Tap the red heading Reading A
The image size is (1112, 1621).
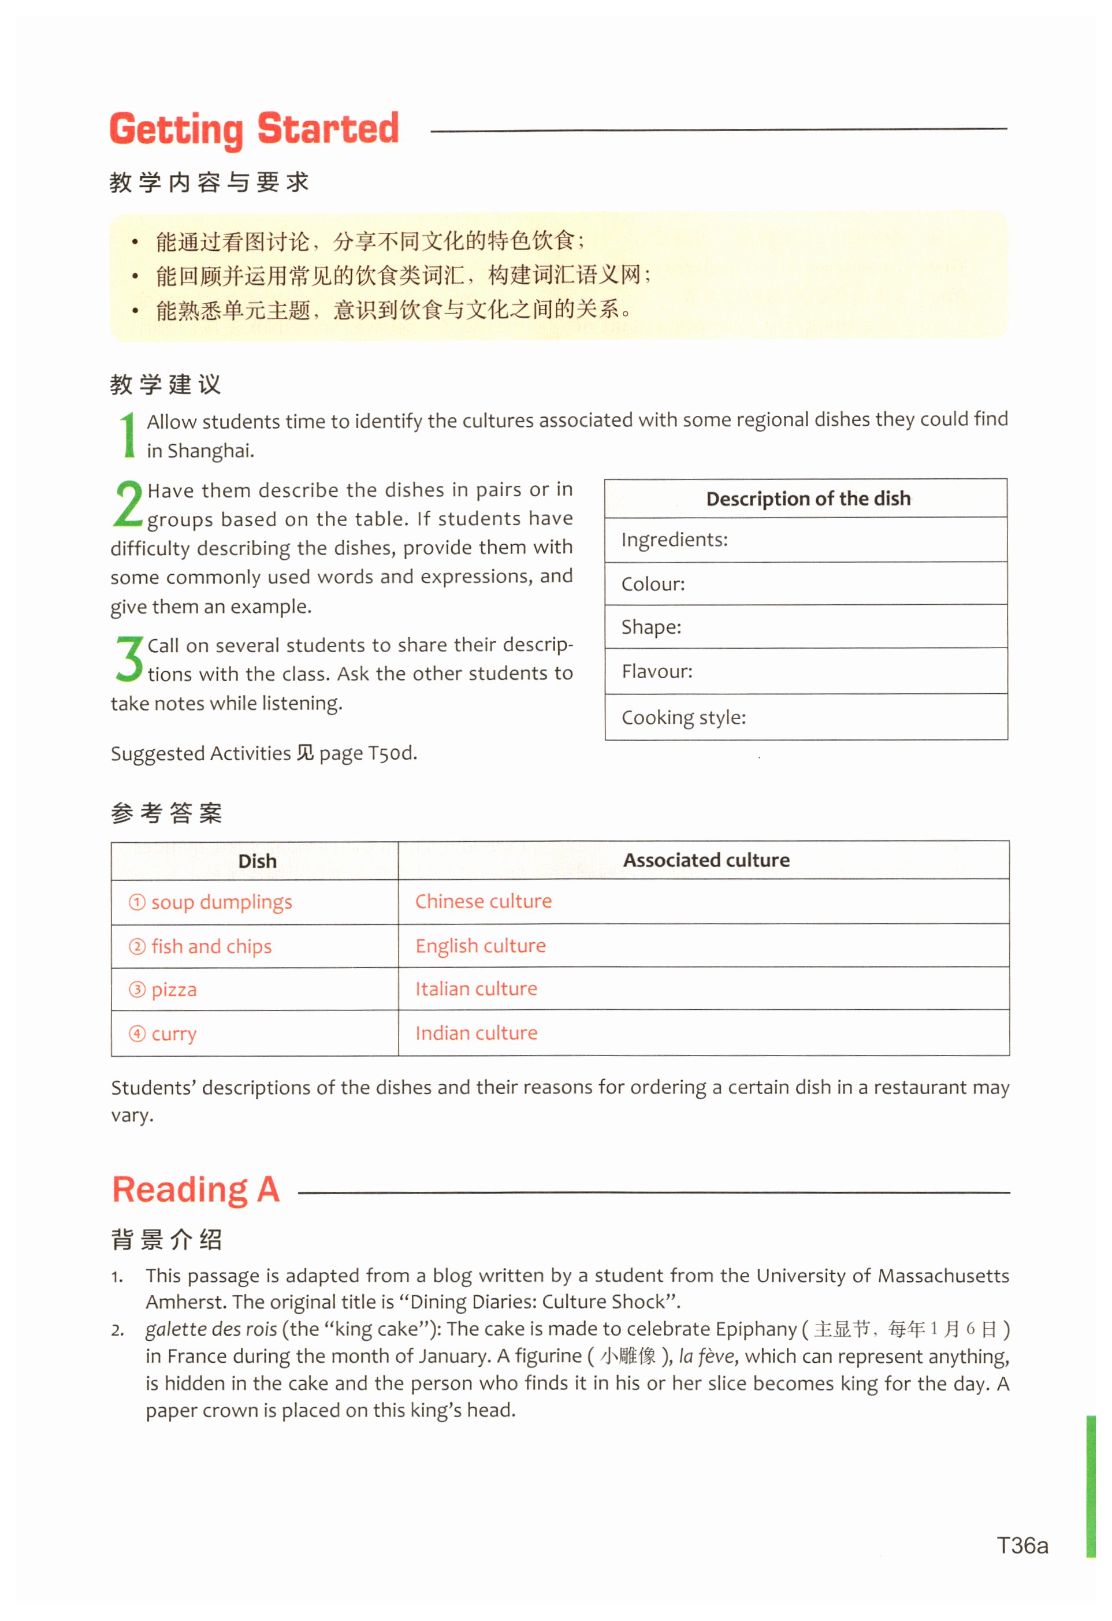pos(195,1190)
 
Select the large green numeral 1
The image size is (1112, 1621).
pos(128,434)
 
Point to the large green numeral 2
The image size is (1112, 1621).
pos(128,504)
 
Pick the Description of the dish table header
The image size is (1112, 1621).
pos(808,499)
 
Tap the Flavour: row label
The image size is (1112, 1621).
pos(657,672)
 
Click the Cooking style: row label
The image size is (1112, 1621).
pos(684,717)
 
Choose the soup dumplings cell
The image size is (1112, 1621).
pos(221,902)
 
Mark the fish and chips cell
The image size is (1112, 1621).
pos(211,946)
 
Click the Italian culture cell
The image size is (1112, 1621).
pos(477,989)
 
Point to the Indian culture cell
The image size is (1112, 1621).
pos(477,1033)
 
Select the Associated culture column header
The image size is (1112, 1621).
pos(706,861)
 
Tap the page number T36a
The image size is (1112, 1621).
pos(1022,1546)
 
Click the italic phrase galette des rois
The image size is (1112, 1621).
pos(211,1329)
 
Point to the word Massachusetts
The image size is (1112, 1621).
pos(943,1276)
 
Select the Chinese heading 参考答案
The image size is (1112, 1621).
pos(166,813)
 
